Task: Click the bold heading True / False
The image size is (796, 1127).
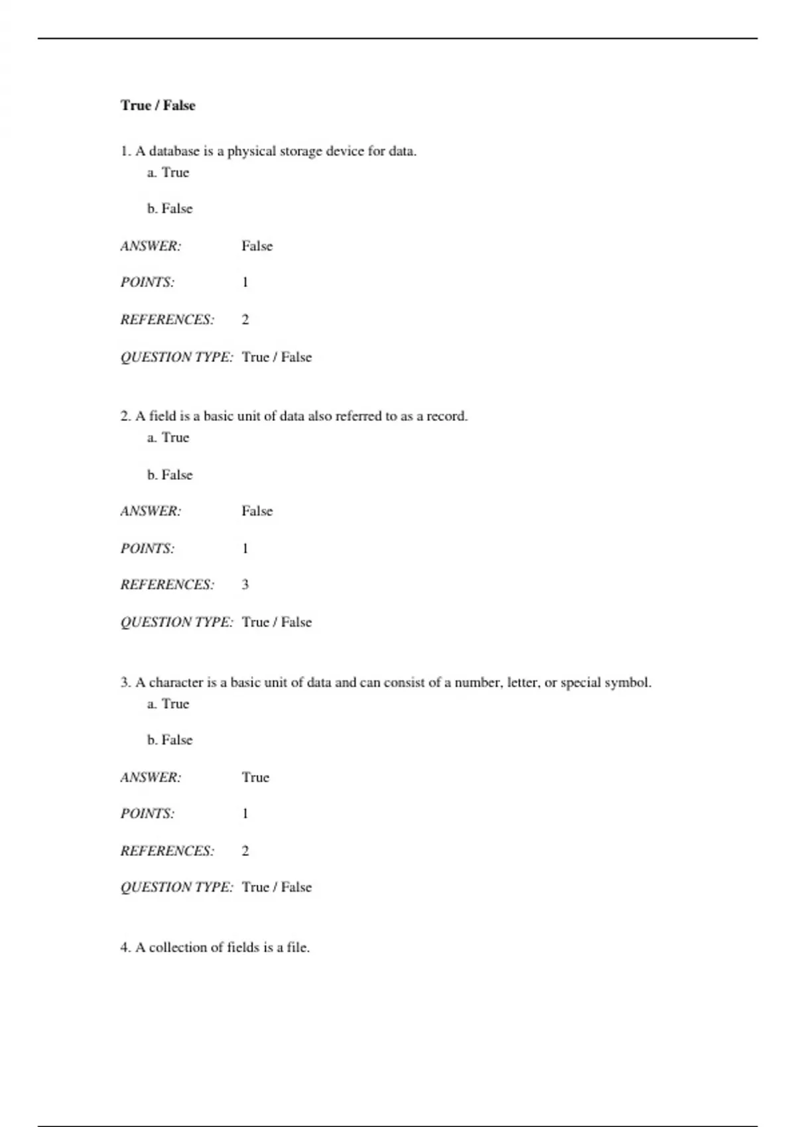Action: point(158,105)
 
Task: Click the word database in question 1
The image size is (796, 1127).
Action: point(174,151)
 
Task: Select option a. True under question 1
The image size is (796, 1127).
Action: point(168,172)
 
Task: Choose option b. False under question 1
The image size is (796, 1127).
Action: point(170,209)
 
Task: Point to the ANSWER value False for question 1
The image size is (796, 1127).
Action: point(257,246)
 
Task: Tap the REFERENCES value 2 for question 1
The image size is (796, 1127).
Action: point(245,320)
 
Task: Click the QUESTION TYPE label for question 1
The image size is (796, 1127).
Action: point(176,357)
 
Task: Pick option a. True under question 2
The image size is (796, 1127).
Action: point(168,438)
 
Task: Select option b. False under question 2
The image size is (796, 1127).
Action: point(170,475)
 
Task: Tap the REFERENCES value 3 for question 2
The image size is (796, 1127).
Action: point(245,585)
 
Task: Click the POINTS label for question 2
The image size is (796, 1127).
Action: point(147,548)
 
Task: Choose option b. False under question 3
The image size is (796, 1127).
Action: point(170,740)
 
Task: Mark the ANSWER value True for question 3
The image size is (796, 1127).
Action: point(255,777)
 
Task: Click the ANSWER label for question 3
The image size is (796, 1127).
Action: point(151,777)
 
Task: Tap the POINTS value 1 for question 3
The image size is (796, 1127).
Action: point(245,813)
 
